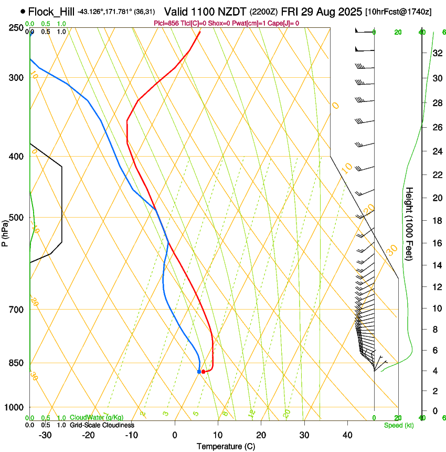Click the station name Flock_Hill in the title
(51, 11)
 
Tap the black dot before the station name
(23, 11)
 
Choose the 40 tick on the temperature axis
(347, 435)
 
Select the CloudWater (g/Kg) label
(97, 418)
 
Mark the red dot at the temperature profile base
(204, 372)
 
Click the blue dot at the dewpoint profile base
(199, 372)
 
